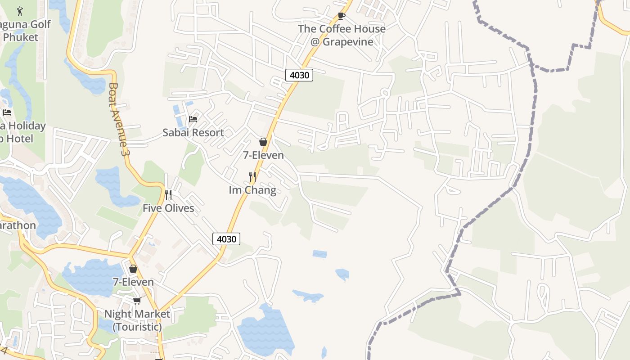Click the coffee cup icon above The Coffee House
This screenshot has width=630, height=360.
[342, 16]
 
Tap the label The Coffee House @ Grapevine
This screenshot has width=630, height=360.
[342, 35]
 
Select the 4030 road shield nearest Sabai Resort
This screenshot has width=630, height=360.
[299, 75]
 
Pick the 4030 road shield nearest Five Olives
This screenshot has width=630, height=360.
[226, 239]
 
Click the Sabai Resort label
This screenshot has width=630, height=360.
[193, 133]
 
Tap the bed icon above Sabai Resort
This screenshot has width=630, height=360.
[193, 119]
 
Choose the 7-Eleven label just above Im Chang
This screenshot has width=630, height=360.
[263, 155]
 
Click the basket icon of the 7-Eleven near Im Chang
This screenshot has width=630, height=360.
[263, 142]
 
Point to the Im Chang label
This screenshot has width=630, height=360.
[252, 190]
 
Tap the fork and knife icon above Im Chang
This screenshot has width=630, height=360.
[252, 176]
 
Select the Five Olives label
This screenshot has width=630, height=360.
[168, 208]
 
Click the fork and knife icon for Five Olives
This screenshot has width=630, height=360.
[168, 194]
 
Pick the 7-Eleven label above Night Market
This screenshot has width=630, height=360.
[133, 282]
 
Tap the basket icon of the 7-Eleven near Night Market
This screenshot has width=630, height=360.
[133, 269]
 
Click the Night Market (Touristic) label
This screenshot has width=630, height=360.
[137, 320]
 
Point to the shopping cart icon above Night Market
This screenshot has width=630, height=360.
[137, 301]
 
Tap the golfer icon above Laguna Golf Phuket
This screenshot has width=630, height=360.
[20, 11]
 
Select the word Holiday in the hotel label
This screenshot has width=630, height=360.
[27, 126]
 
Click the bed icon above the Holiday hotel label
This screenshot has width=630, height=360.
[7, 112]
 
